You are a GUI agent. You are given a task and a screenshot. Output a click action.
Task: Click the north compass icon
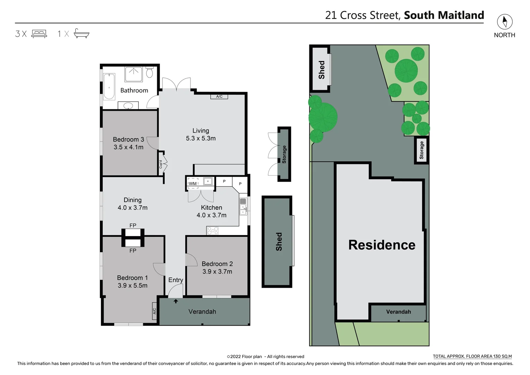click(x=504, y=22)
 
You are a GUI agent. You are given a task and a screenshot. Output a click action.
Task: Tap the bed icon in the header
click(x=39, y=34)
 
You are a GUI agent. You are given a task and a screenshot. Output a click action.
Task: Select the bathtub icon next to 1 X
click(x=82, y=33)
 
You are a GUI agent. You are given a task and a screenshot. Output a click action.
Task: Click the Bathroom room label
click(x=134, y=90)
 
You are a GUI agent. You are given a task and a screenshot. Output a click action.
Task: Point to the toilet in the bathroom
click(x=149, y=73)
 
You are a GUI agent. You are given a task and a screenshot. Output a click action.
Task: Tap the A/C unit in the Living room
click(x=219, y=97)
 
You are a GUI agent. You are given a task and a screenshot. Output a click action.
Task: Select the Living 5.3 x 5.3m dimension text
click(x=200, y=138)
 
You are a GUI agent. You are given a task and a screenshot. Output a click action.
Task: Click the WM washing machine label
click(x=193, y=183)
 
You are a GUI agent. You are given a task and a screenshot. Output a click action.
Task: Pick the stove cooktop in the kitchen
click(x=212, y=231)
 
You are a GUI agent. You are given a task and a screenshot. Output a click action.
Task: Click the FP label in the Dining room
click(x=133, y=225)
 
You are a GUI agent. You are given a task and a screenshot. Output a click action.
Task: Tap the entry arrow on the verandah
click(x=176, y=301)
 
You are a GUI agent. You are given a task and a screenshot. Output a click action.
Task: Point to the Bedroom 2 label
click(x=217, y=264)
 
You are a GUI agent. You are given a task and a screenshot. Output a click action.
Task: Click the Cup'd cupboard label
click(x=161, y=164)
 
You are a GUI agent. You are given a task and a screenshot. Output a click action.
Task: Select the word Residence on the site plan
click(x=382, y=245)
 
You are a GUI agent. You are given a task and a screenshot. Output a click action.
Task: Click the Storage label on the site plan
click(x=421, y=150)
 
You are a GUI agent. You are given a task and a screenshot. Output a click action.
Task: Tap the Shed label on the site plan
click(x=322, y=70)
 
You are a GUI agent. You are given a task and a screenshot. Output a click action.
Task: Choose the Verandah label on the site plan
click(x=398, y=312)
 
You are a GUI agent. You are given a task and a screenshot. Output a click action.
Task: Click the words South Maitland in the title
click(x=444, y=15)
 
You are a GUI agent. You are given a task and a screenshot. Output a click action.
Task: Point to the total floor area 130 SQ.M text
click(x=472, y=356)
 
